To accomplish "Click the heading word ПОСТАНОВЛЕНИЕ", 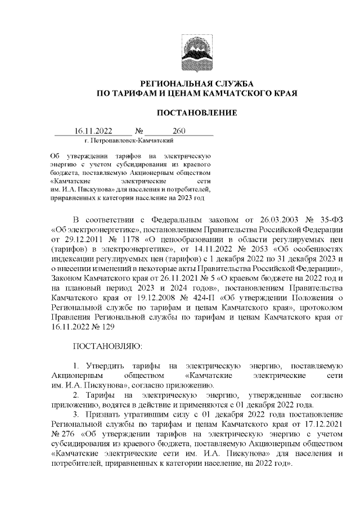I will [x=196, y=113].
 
